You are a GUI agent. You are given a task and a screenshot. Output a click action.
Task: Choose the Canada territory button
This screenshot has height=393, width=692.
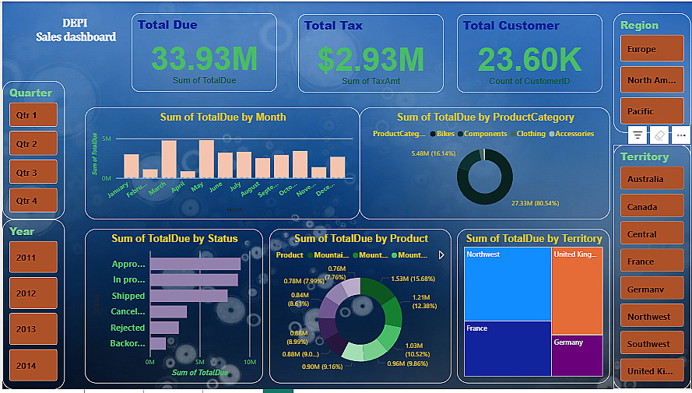pyautogui.click(x=652, y=206)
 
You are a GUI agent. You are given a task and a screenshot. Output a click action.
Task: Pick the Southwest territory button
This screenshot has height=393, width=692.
pyautogui.click(x=652, y=343)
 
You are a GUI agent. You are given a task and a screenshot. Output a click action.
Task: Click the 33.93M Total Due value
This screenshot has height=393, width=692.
pyautogui.click(x=205, y=59)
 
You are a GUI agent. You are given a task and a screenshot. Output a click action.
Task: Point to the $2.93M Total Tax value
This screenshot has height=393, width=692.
pyautogui.click(x=371, y=59)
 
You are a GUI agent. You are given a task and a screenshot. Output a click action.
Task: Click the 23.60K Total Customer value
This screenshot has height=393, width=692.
pyautogui.click(x=529, y=59)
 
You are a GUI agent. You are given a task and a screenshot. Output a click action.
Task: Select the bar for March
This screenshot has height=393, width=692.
pyautogui.click(x=169, y=159)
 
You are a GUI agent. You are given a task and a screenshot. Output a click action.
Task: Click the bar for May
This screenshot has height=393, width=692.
pyautogui.click(x=207, y=159)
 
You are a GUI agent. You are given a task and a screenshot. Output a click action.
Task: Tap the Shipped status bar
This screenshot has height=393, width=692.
pyautogui.click(x=188, y=296)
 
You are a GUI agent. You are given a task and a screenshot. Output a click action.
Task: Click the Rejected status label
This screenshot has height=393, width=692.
pyautogui.click(x=128, y=328)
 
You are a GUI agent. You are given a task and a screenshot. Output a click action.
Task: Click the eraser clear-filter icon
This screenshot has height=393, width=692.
pyautogui.click(x=659, y=135)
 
